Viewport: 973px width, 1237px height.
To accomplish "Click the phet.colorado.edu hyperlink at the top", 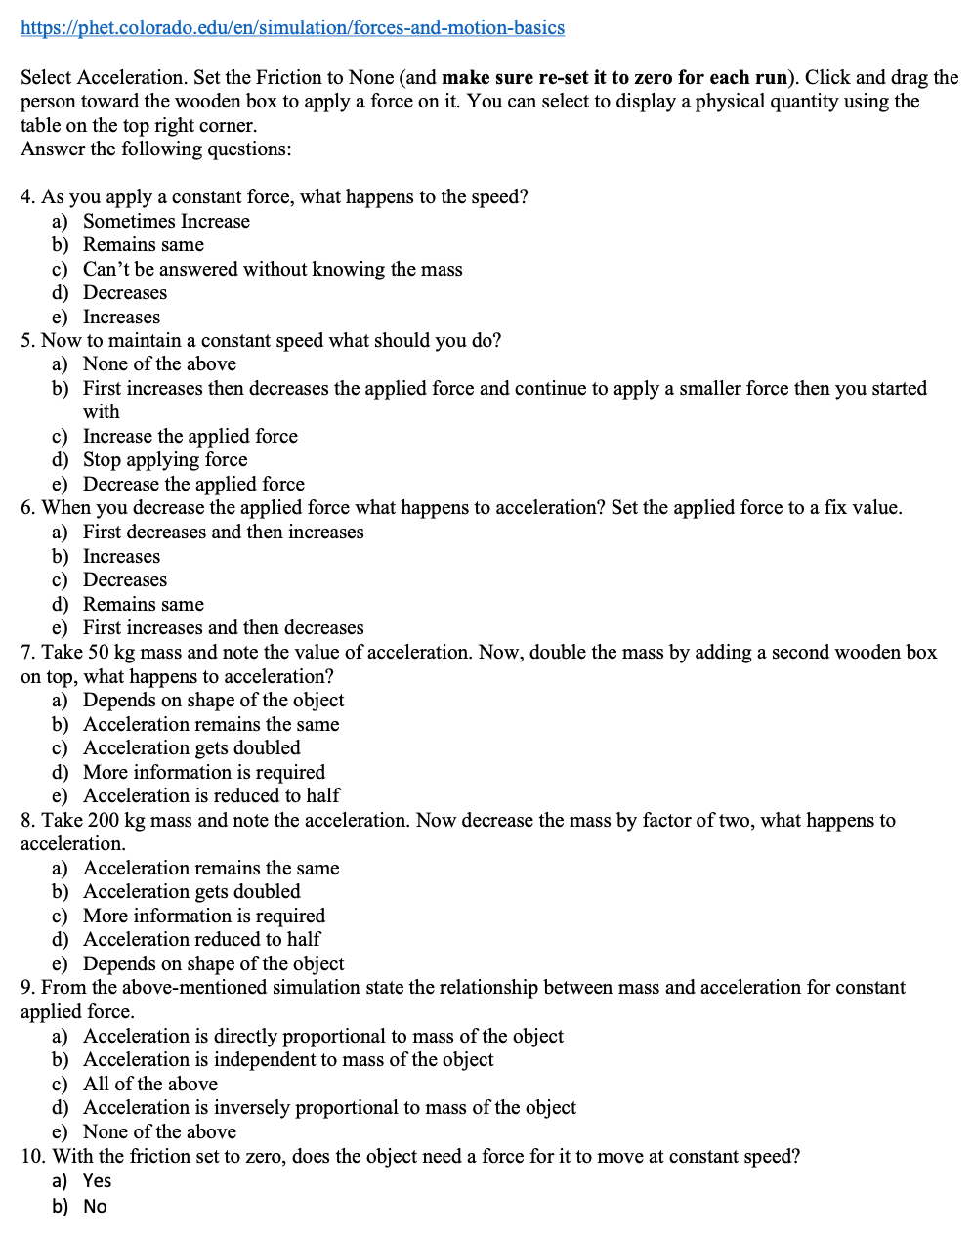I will click(292, 27).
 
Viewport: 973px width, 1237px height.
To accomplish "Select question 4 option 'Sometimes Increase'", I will click(166, 221).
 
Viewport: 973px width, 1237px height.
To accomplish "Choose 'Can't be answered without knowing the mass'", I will click(273, 269).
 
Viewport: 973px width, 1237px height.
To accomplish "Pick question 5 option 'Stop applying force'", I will click(165, 459).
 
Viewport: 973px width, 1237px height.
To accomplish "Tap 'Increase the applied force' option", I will click(190, 436).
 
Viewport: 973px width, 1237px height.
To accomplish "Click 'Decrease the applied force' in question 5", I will click(193, 484).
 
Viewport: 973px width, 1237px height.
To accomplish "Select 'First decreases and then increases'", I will click(223, 532).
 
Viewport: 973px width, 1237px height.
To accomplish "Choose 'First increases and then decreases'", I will click(223, 627).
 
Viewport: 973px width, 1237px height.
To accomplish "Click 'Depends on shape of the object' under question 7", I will click(213, 700).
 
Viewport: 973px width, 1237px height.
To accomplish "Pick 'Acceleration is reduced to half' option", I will click(211, 795).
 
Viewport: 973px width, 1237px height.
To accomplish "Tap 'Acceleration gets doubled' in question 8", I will click(191, 891).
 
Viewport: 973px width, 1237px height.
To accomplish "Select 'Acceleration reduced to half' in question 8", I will click(201, 939).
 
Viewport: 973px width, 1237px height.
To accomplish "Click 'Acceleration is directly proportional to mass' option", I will click(322, 1036).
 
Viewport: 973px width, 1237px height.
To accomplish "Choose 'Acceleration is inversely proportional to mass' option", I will click(329, 1107).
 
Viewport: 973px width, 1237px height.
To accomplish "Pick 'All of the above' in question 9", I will click(150, 1084).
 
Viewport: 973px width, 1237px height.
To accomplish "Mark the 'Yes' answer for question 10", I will click(97, 1180).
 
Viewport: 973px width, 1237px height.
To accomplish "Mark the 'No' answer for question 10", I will click(95, 1206).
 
